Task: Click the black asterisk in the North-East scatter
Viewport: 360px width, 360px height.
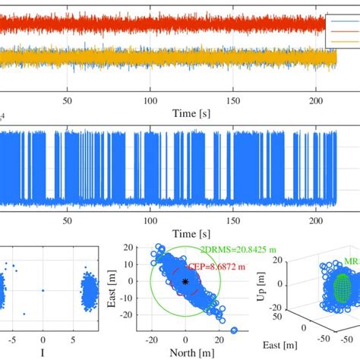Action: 185,282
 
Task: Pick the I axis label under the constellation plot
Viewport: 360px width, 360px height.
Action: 43,352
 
